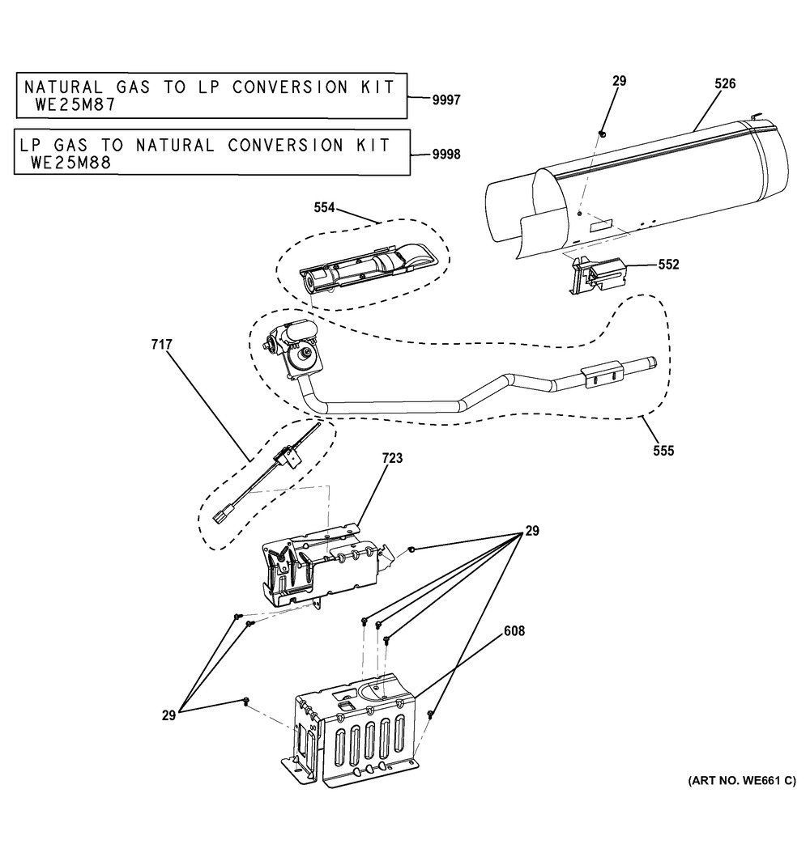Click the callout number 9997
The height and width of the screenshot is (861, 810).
pyautogui.click(x=446, y=100)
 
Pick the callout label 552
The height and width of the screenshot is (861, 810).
pyautogui.click(x=668, y=265)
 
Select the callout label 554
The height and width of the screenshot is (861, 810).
pyautogui.click(x=324, y=208)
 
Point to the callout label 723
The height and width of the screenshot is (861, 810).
pyautogui.click(x=392, y=458)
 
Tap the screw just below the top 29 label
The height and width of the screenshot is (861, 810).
pyautogui.click(x=603, y=134)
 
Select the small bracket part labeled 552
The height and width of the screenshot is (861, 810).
pyautogui.click(x=598, y=274)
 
